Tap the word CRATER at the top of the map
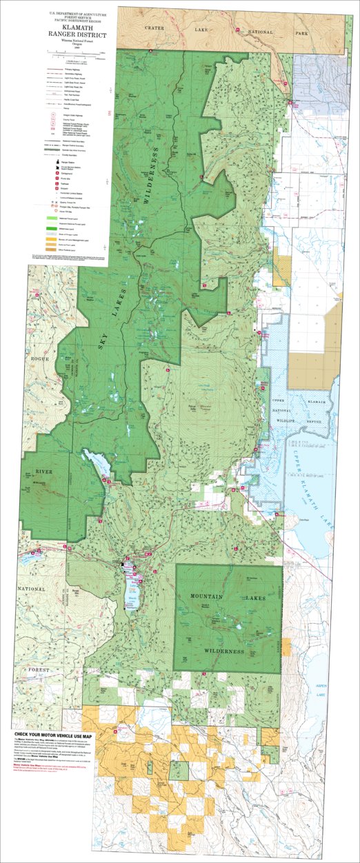[x=154, y=26]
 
